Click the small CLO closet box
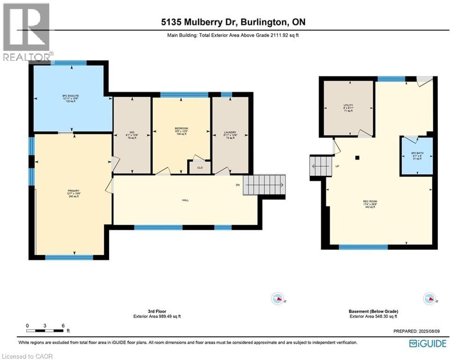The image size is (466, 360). pyautogui.click(x=200, y=167)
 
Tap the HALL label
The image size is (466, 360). pyautogui.click(x=185, y=200)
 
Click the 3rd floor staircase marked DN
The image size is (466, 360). pyautogui.click(x=266, y=185)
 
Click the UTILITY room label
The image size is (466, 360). pyautogui.click(x=348, y=108)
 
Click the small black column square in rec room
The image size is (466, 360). pyautogui.click(x=357, y=158)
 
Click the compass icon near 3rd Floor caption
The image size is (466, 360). pyautogui.click(x=277, y=298)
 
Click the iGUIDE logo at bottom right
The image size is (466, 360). pyautogui.click(x=427, y=344)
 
